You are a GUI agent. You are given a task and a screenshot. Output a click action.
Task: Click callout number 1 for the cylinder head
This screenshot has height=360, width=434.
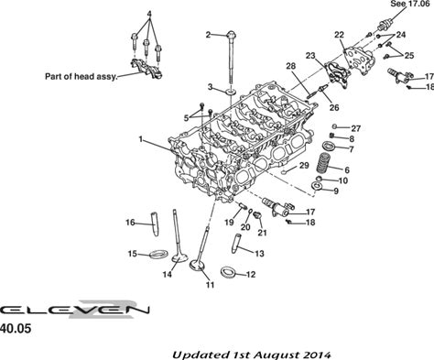[141, 139]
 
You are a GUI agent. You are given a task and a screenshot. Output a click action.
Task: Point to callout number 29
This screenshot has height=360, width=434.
[304, 166]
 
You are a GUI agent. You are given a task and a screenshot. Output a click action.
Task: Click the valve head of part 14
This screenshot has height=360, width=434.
[179, 257]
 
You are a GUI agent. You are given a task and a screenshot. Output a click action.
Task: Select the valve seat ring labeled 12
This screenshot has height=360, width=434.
[229, 272]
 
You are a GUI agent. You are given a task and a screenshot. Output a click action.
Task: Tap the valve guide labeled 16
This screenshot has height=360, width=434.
[155, 224]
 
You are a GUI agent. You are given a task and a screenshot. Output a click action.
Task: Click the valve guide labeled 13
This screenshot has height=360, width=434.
[237, 243]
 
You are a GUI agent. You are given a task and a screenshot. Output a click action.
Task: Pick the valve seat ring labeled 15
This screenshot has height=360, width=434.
[159, 254]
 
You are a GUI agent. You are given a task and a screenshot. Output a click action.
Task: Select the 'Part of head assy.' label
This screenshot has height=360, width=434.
[81, 76]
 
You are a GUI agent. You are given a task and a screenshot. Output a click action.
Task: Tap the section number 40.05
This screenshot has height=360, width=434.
[16, 329]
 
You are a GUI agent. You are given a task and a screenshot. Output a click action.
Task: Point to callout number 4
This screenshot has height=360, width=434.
[149, 14]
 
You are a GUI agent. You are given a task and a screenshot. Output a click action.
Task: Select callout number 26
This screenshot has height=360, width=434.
[334, 107]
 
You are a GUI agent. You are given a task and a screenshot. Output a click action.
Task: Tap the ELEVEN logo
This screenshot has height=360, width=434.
[75, 310]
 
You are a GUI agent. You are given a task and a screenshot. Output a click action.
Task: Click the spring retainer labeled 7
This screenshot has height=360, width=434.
[330, 146]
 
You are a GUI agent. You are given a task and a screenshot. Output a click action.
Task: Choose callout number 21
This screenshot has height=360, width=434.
[262, 233]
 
